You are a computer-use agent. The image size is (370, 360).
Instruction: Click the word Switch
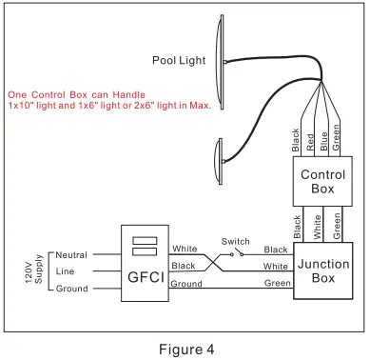pos(235,241)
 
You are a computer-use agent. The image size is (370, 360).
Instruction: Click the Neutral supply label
pos(71,255)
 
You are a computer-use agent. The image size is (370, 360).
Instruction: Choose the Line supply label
pos(66,271)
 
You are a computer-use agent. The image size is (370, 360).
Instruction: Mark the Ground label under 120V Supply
pos(71,289)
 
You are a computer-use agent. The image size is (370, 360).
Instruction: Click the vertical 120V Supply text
pos(39,271)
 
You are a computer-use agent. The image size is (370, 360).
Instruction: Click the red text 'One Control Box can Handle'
pos(73,95)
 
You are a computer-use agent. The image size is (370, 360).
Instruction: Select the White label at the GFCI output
pos(185,249)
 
